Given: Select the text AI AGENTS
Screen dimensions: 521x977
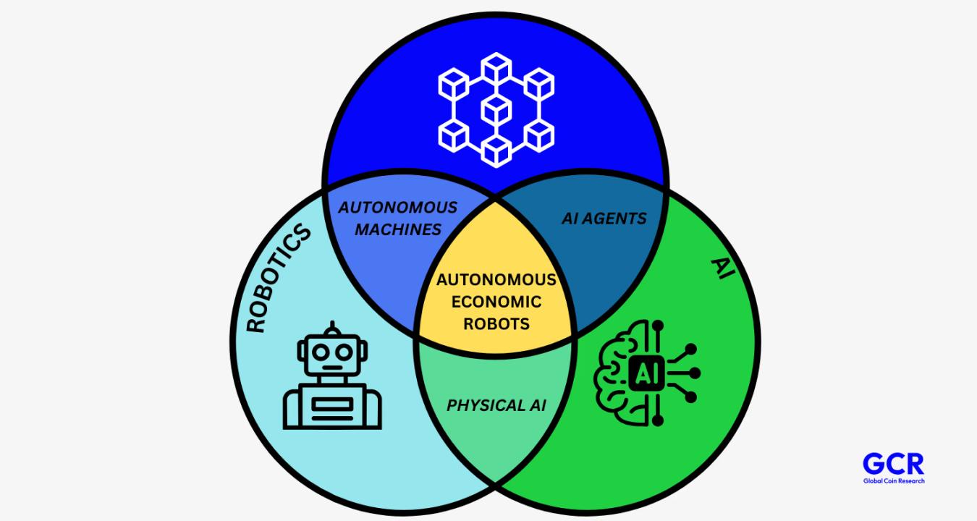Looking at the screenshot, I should coord(604,218).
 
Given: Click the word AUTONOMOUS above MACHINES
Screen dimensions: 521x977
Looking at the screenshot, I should coord(398,208).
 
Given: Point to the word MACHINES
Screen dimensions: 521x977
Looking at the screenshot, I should coord(398,229).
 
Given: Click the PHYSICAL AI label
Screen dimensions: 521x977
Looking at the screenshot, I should coord(496,405).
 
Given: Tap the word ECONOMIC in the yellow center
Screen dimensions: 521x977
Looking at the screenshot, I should coord(496,301).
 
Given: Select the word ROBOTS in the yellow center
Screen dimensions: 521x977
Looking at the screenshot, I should coord(496,323).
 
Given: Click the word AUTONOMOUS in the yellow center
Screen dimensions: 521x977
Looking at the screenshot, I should coord(496,279).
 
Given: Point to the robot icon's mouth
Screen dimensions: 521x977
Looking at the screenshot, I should coord(332,367).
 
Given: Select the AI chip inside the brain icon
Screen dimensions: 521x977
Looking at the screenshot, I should coord(643,373).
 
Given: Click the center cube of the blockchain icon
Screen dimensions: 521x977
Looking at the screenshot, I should coord(496,111).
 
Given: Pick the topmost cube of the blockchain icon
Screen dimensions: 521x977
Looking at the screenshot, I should coord(496,67).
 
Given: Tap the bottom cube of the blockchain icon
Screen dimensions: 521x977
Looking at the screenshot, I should coord(496,151).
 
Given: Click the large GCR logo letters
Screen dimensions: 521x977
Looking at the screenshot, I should coord(893,464).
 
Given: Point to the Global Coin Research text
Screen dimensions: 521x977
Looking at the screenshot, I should coord(893,480).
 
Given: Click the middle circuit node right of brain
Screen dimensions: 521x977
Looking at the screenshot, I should coord(695,373).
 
